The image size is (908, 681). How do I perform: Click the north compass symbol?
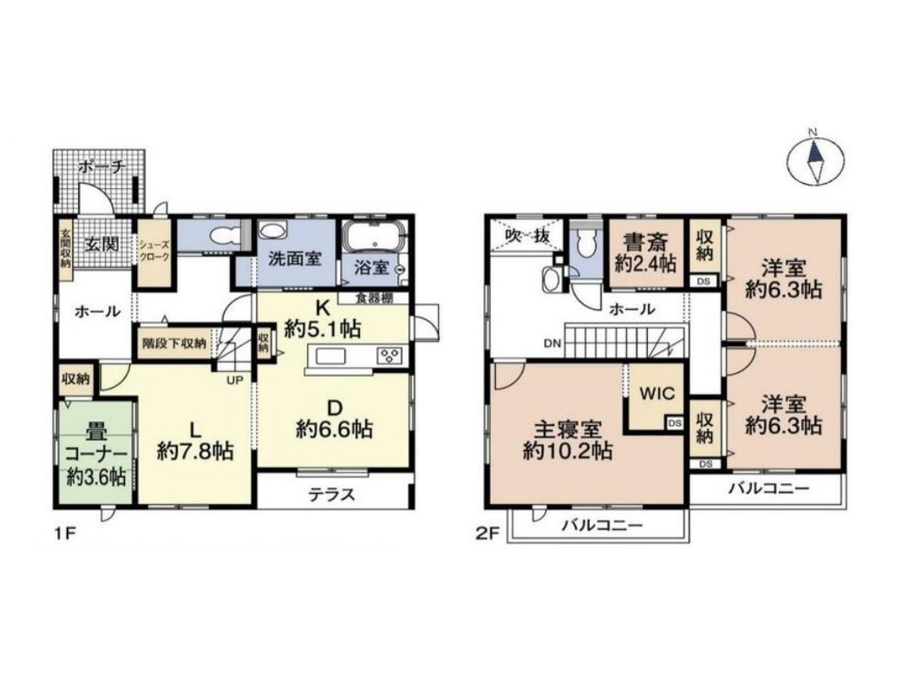coord(813,159)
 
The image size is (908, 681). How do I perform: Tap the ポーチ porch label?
coord(100,167)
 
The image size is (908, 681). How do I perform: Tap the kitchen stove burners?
coord(390,356)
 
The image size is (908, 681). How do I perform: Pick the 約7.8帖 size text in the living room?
coord(195,451)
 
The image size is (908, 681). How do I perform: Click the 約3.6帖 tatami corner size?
coord(96,476)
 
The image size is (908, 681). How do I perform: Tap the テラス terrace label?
coord(332,494)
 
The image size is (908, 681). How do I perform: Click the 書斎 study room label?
coord(643,239)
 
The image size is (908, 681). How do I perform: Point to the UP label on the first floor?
coord(235,379)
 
